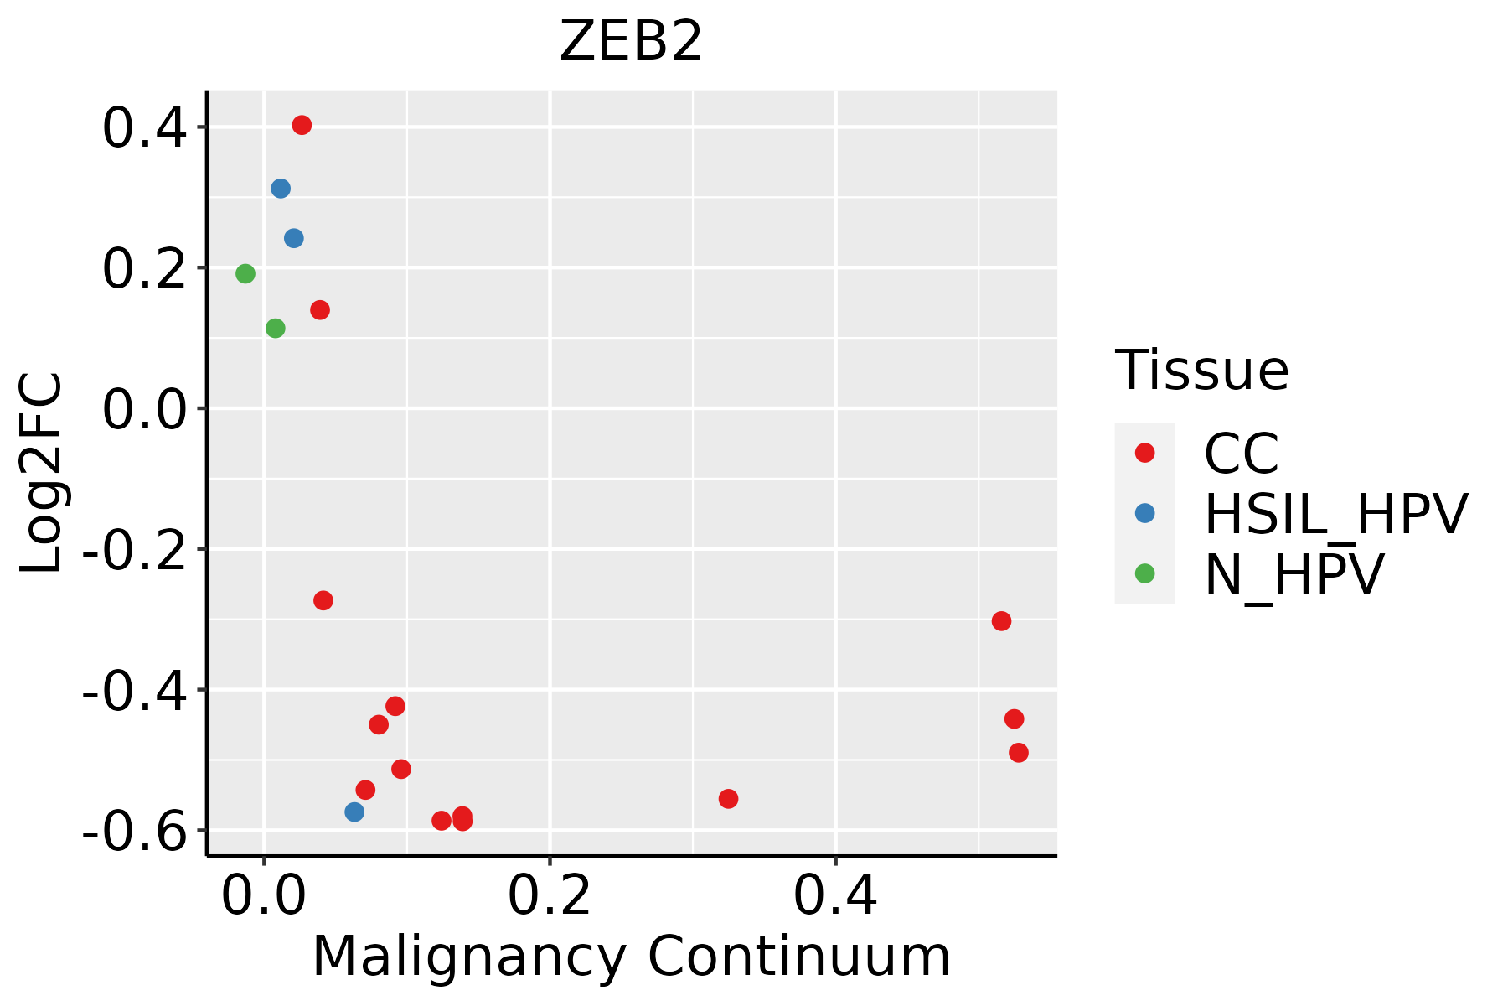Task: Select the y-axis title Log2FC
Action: point(42,474)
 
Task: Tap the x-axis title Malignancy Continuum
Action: point(631,957)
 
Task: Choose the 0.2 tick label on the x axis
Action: point(550,895)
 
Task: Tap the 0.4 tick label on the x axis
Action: point(835,895)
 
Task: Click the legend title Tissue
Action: point(1201,370)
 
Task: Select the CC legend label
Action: point(1241,454)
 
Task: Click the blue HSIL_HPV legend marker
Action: point(1144,513)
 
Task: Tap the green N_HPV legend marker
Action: point(1144,573)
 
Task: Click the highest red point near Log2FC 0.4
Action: point(302,125)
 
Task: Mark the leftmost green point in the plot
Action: point(245,273)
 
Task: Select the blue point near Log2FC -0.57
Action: point(354,812)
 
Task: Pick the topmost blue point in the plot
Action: point(281,189)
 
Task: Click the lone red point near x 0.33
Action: point(728,799)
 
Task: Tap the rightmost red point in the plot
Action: point(1019,753)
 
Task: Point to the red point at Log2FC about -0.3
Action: point(1001,621)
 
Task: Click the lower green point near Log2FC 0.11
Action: point(276,329)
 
